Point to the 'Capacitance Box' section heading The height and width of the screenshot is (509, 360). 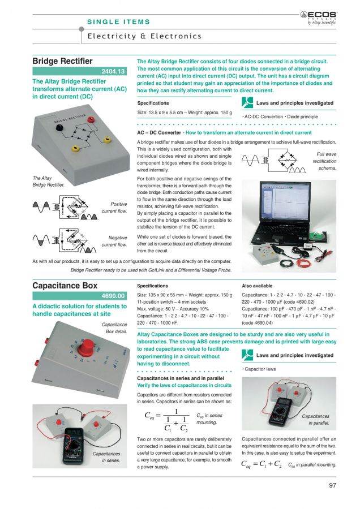pos(65,286)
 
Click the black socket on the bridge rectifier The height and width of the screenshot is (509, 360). pos(57,130)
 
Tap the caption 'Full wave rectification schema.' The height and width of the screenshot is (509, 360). pos(324,161)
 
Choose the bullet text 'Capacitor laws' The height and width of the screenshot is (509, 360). pos(260,369)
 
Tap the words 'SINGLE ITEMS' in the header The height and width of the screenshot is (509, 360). pos(118,22)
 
